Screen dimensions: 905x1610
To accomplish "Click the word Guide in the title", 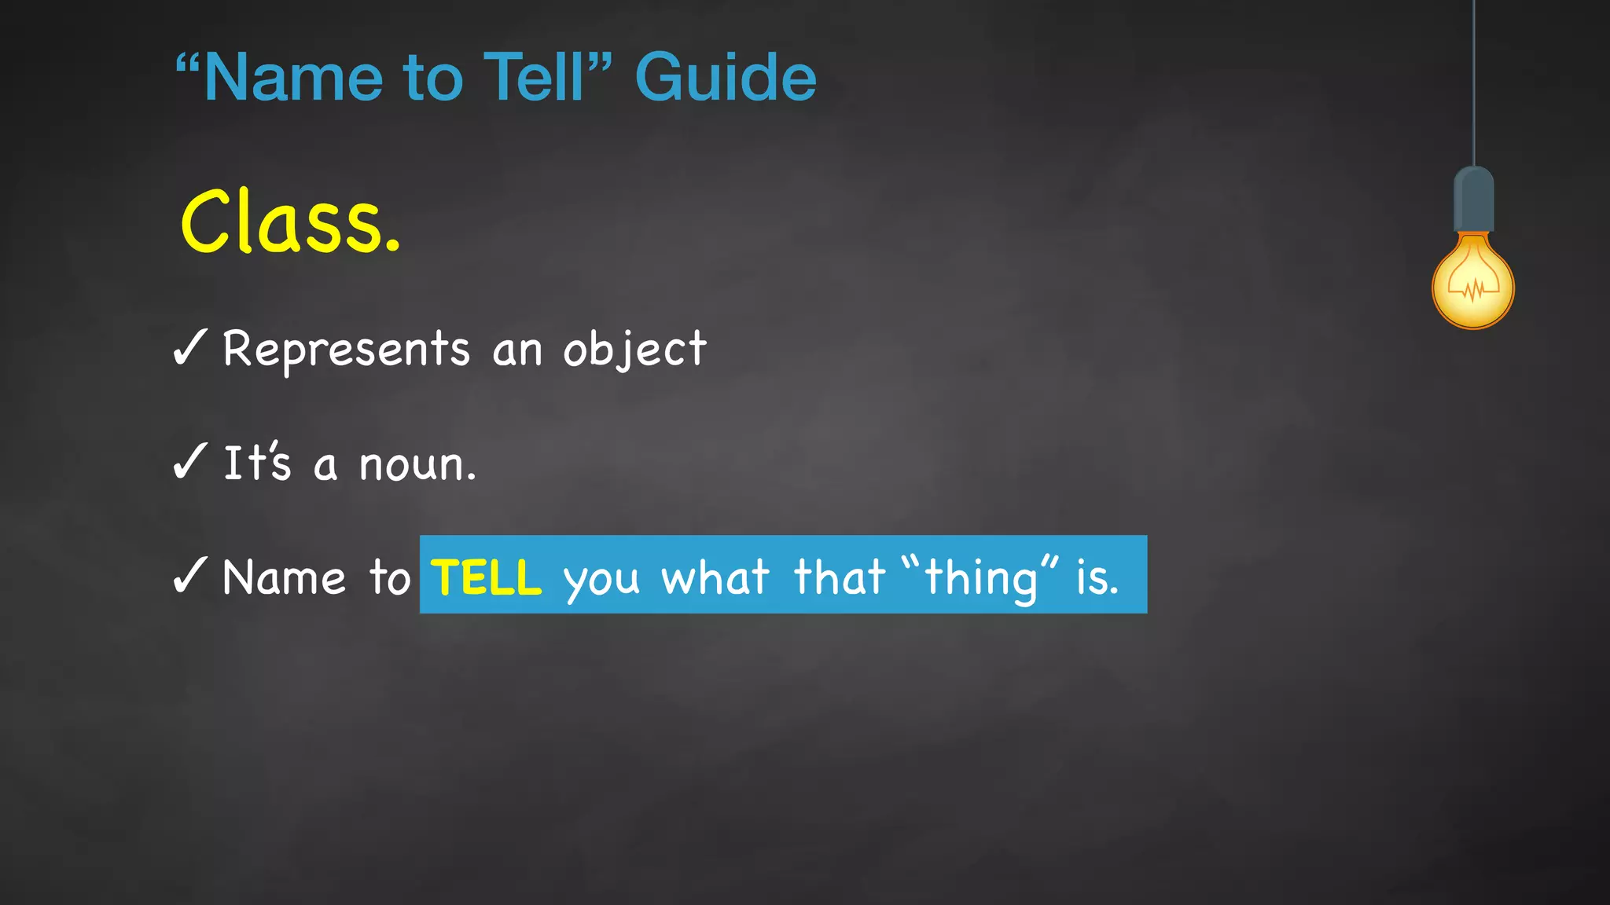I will coord(725,77).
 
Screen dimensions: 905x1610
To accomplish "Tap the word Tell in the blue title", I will coord(534,77).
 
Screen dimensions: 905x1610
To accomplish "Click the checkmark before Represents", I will coord(189,347).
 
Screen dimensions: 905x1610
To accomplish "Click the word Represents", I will coord(346,348).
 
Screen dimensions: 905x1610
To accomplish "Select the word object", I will coord(634,350).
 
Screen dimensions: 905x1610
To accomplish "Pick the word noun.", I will coord(417,464).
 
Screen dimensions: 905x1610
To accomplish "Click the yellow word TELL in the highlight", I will coord(486,577).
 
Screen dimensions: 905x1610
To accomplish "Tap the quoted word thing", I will coord(980,577).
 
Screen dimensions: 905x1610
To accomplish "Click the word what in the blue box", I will coord(715,577).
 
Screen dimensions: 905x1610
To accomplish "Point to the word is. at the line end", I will coord(1097,577).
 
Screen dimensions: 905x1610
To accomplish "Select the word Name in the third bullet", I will coord(284,577).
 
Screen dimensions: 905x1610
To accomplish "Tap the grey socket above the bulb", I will coord(1473,200).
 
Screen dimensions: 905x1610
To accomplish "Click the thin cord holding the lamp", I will coord(1473,79).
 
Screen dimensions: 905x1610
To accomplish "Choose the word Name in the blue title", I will coord(292,77).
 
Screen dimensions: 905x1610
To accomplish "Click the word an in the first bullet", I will coord(516,350).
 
